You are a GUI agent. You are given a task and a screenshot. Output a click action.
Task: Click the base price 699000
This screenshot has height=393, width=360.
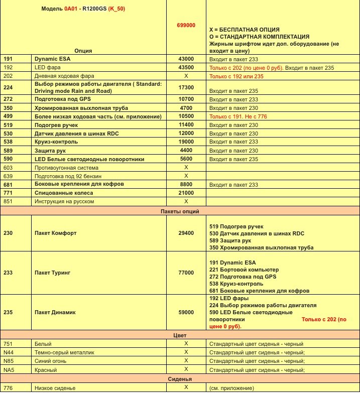[x=186, y=25]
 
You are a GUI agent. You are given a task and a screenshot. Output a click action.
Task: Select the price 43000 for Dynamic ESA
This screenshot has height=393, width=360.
[x=186, y=59]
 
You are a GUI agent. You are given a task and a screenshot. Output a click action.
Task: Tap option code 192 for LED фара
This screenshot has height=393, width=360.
[x=8, y=67]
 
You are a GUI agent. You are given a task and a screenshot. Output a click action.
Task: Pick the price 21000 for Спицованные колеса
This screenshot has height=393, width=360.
[x=186, y=193]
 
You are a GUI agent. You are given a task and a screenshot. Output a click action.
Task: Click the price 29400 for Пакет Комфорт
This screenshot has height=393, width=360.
[x=186, y=233]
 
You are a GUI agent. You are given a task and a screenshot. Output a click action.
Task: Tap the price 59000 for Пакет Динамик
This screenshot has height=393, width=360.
[x=186, y=312]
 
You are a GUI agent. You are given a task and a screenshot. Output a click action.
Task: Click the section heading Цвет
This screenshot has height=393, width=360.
[x=180, y=334]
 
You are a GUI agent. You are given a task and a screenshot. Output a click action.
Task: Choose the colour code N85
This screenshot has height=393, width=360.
[x=9, y=360]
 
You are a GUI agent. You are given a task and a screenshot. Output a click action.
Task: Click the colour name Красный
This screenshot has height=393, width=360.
[x=46, y=369]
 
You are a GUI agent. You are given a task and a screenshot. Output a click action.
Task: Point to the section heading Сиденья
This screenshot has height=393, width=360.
[x=180, y=378]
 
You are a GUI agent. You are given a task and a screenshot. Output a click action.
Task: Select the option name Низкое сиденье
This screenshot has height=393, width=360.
[x=55, y=387]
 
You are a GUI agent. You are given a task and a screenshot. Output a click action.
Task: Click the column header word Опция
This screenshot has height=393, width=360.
[x=83, y=50]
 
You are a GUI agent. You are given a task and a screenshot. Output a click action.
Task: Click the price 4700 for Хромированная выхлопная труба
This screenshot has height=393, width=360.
[x=186, y=108]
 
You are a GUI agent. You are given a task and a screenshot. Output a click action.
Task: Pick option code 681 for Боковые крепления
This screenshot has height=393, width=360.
[x=8, y=184]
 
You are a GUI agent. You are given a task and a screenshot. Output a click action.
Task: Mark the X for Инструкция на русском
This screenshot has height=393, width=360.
[x=186, y=201]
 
